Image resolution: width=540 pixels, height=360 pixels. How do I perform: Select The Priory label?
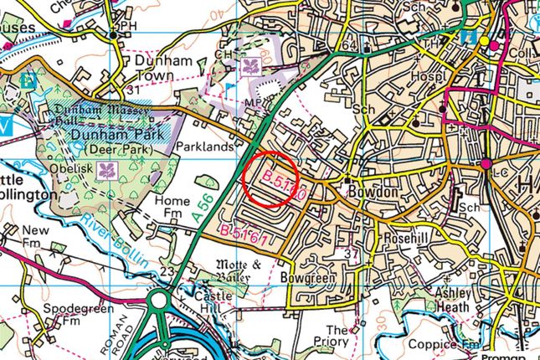coord(339,336)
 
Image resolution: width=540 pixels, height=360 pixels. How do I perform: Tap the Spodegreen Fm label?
coord(66,314)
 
